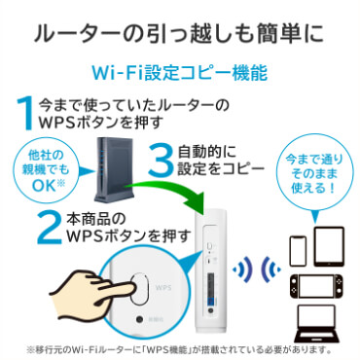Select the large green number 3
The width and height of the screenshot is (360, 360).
click(157, 162)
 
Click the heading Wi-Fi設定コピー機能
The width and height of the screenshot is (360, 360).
click(179, 72)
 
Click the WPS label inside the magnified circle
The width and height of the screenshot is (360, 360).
click(162, 289)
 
